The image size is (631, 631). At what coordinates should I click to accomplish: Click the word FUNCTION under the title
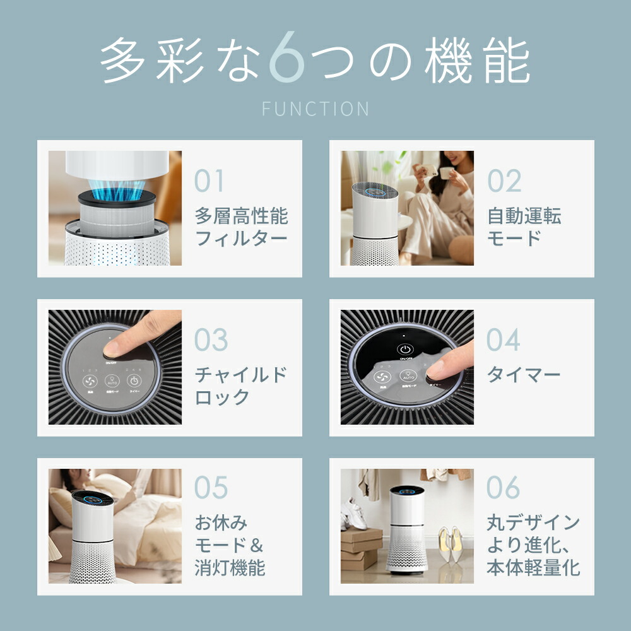[x=315, y=109]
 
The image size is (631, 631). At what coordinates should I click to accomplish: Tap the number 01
[x=209, y=181]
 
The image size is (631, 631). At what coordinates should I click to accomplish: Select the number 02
[x=504, y=181]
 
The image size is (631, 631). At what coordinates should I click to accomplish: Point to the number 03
[x=211, y=340]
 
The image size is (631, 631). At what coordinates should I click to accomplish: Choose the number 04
[x=503, y=340]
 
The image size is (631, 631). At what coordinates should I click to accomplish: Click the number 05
[x=211, y=488]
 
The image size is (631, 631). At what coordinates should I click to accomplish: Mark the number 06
[x=503, y=488]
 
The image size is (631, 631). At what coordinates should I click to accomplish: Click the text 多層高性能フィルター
[x=241, y=227]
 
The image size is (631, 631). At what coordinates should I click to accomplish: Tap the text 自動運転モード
[x=524, y=227]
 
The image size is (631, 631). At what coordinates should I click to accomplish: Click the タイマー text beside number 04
[x=523, y=375]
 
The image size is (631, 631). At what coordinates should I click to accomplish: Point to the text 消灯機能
[x=230, y=567]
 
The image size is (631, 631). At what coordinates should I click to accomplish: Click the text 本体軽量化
[x=533, y=567]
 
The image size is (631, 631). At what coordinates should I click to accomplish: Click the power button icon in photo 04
[x=404, y=349]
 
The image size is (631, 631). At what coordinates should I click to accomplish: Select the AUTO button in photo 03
[x=112, y=381]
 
